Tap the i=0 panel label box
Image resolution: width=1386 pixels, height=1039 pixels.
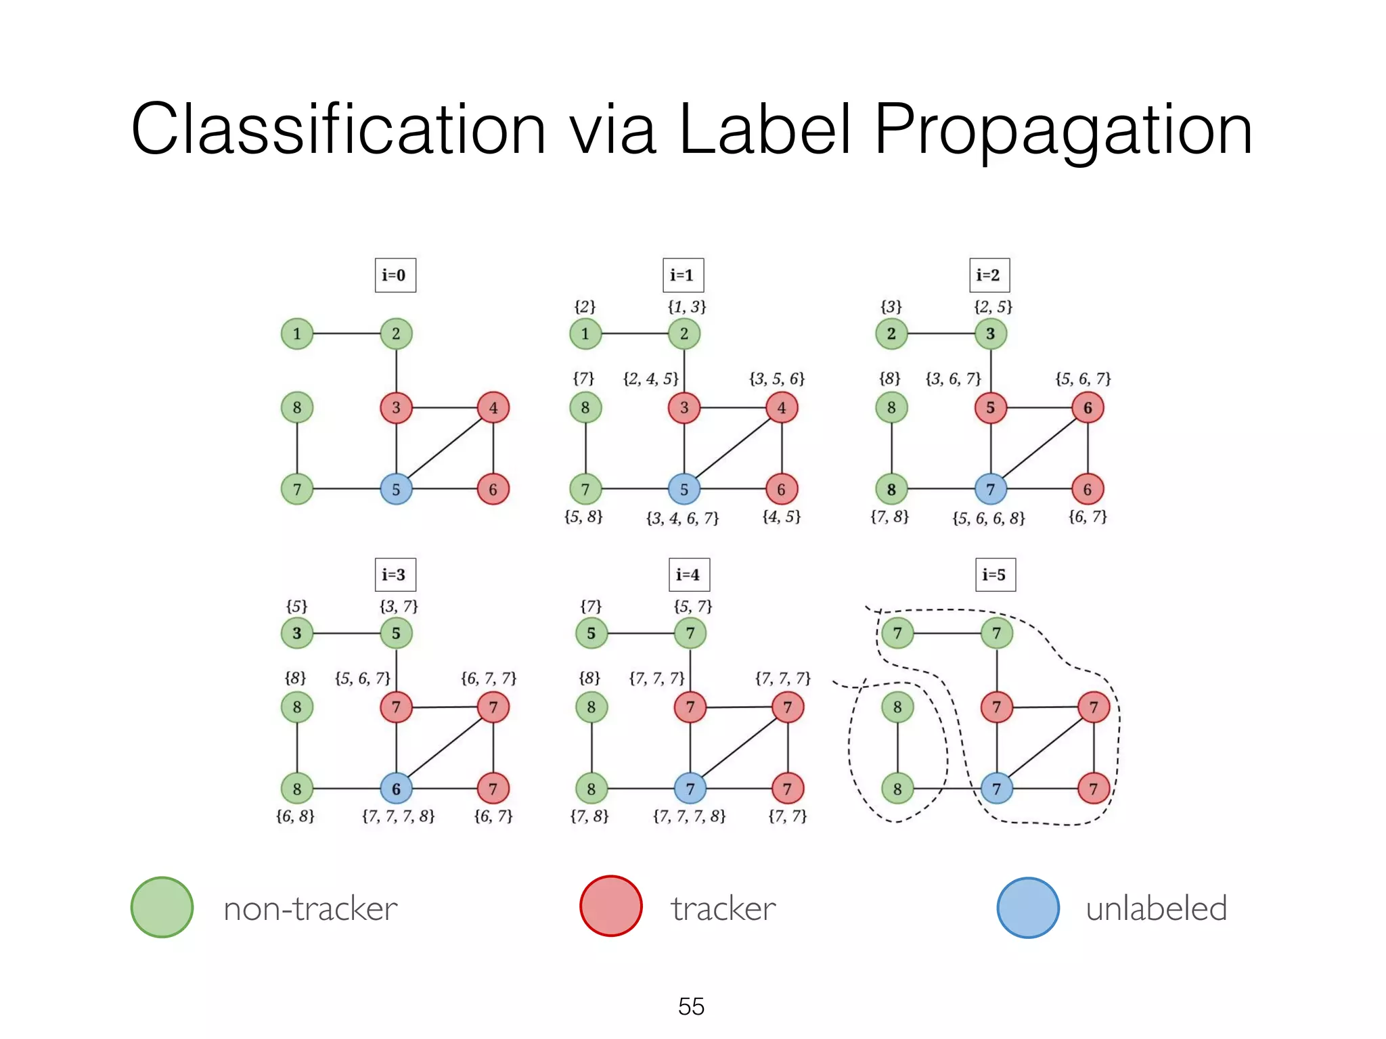tap(395, 275)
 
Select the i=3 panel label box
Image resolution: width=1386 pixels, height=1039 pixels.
tap(395, 575)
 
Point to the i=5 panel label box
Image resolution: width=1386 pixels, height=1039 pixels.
tap(995, 575)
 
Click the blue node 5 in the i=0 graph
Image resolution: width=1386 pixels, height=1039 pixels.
tap(396, 489)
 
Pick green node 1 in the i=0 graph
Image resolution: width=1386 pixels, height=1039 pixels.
tap(296, 333)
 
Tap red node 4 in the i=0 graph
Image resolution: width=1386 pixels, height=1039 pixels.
tap(493, 408)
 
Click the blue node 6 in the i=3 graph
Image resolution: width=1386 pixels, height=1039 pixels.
tap(396, 789)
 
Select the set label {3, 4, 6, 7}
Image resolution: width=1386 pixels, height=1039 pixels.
tap(682, 519)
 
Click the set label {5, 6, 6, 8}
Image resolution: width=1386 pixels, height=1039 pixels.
tap(988, 519)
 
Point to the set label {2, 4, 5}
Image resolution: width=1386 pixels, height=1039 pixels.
tap(650, 379)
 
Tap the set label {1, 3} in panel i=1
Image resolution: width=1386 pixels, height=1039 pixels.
tap(686, 307)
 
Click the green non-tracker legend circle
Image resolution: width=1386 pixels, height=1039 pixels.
tap(162, 907)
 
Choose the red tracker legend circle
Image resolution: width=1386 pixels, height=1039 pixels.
tap(611, 906)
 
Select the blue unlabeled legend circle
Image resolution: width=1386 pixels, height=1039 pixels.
tap(1028, 907)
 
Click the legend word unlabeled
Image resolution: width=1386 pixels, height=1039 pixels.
tap(1156, 908)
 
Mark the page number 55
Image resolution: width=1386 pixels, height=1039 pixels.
tap(691, 1007)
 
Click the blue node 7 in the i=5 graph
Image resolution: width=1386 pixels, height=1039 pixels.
tap(996, 789)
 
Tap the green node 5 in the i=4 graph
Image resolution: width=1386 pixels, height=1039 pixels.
tap(591, 633)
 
